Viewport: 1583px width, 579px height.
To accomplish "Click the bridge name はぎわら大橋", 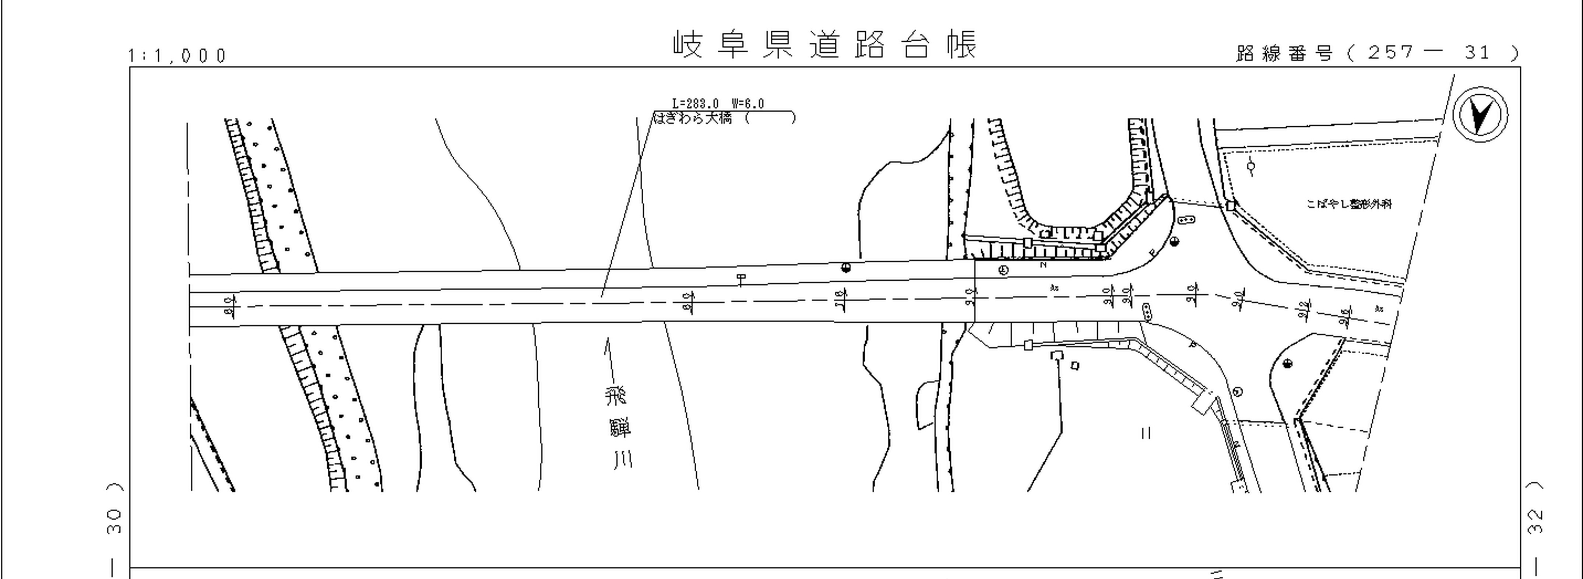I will click(x=693, y=118).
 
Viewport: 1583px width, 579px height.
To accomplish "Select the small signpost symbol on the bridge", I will click(x=741, y=279).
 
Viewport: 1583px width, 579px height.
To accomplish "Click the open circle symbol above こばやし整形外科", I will click(x=1251, y=166).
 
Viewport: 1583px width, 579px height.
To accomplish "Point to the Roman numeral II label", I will click(x=1146, y=433).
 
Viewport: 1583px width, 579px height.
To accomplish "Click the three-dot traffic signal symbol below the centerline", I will click(x=1146, y=312).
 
